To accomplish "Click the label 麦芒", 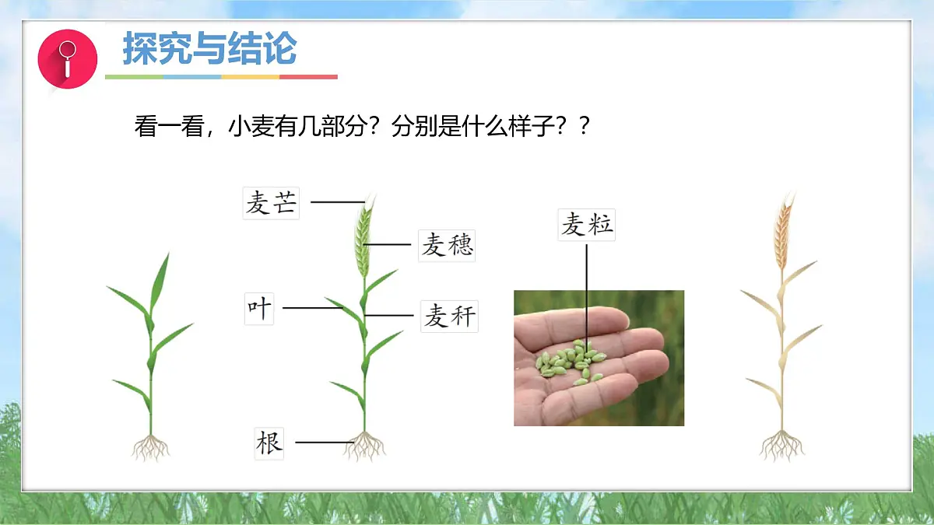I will [x=271, y=204].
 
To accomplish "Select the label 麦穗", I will [x=447, y=246].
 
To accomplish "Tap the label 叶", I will [x=259, y=307].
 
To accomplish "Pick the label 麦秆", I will [x=448, y=317].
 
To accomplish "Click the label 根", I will [x=269, y=443].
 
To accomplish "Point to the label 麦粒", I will [x=587, y=225].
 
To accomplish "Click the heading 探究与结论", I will [x=209, y=49].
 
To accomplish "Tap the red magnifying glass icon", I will [x=68, y=58].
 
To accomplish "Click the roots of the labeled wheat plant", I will [x=363, y=446].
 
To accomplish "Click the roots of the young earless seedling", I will [x=150, y=447].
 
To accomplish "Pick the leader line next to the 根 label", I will [x=323, y=443].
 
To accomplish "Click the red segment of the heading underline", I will [x=308, y=77].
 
